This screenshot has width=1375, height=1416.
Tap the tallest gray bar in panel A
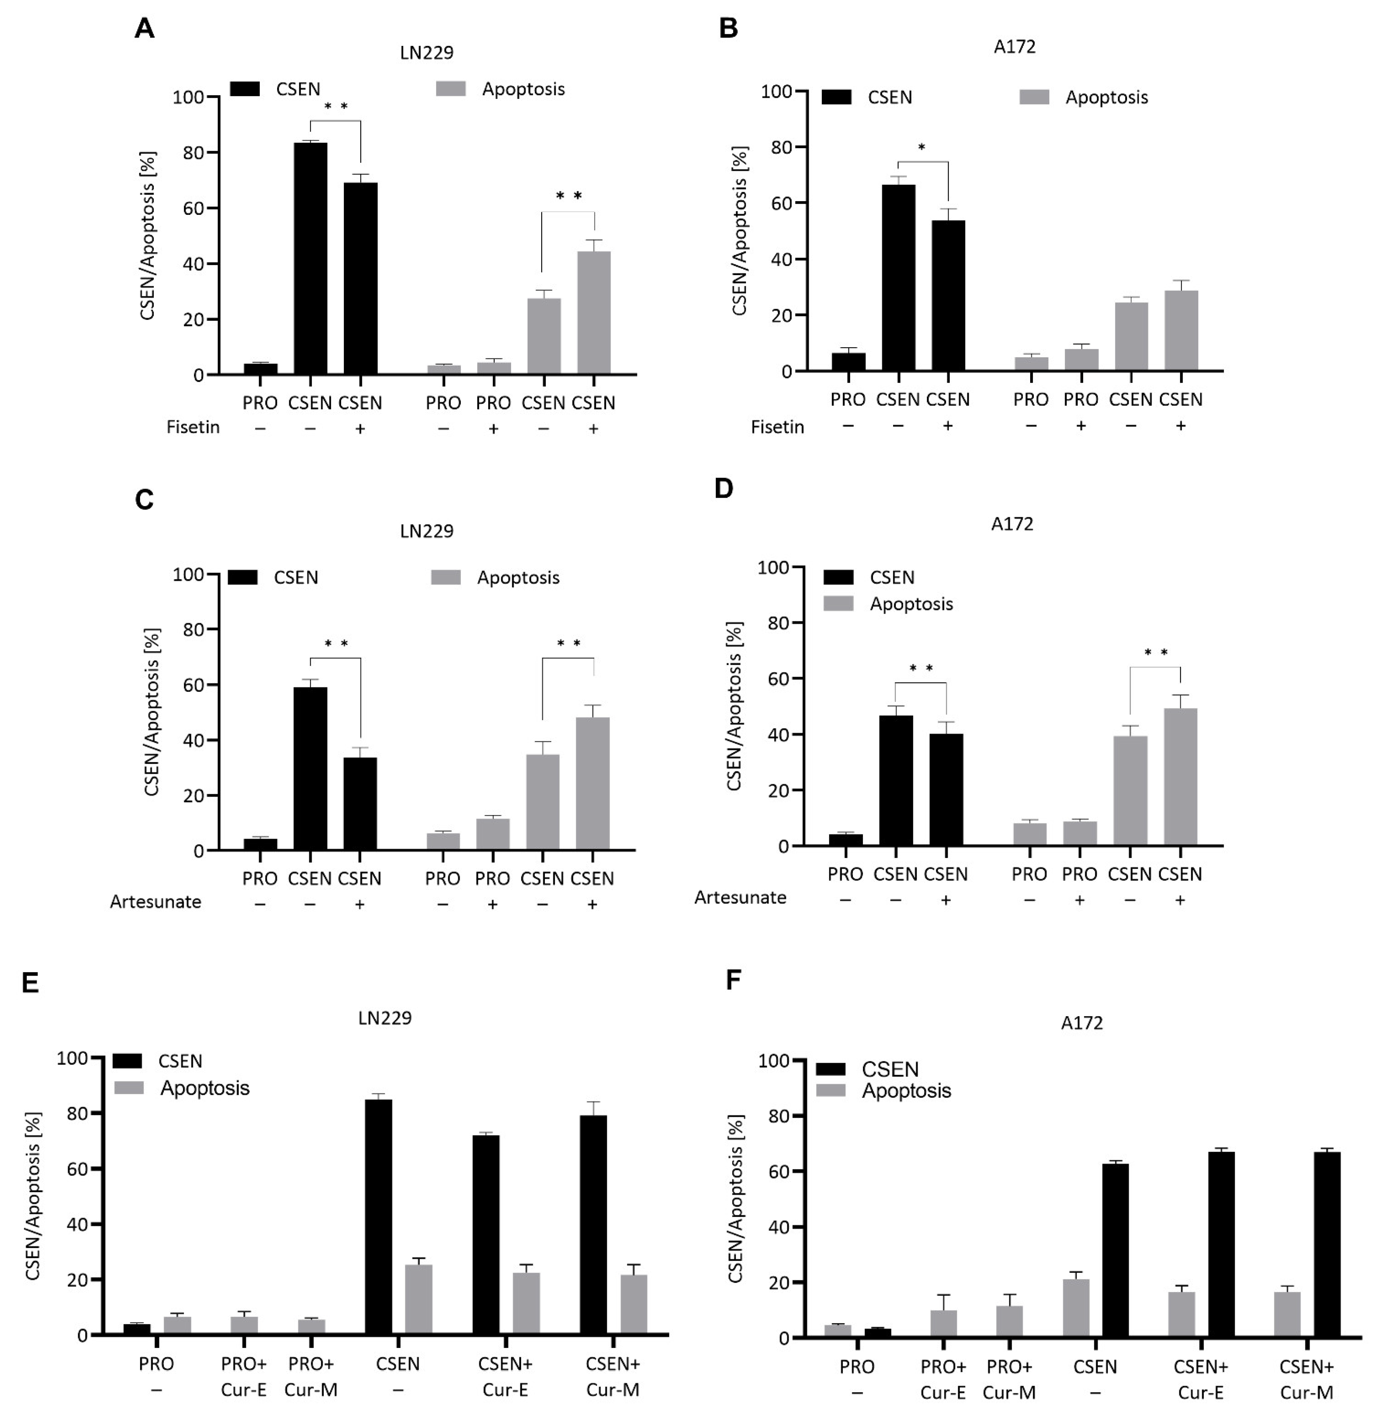click(593, 312)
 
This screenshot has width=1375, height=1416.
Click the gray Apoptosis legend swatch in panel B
click(1034, 97)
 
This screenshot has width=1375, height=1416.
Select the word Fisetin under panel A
click(193, 428)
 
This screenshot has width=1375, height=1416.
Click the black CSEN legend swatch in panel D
click(838, 577)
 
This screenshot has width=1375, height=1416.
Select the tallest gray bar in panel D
click(1180, 777)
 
